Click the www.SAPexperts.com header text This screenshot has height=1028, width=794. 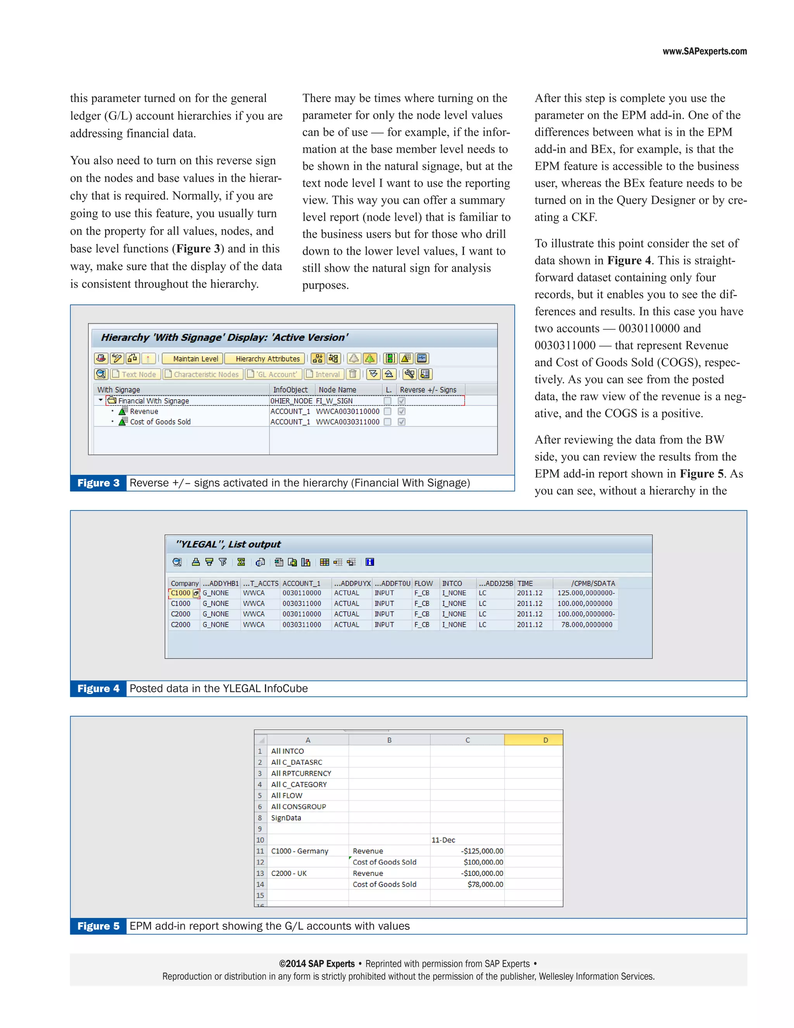tap(704, 51)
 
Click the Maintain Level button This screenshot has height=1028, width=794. tap(195, 359)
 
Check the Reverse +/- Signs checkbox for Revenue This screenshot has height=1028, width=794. tap(401, 411)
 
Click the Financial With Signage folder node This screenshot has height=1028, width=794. tap(154, 401)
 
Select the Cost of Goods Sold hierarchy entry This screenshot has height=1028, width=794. tap(160, 422)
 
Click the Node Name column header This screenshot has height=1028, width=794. tap(337, 390)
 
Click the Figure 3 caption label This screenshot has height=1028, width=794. tap(98, 483)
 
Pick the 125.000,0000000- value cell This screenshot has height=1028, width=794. tap(586, 593)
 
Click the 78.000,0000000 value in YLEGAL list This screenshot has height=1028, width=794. tap(587, 625)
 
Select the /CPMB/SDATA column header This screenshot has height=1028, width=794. tap(593, 583)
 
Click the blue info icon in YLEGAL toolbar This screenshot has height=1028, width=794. tap(370, 562)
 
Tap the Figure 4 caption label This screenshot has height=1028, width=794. tap(98, 689)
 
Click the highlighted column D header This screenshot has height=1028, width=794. tap(545, 740)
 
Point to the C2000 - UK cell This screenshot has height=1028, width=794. tap(289, 873)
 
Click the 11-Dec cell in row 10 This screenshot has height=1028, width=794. tap(443, 840)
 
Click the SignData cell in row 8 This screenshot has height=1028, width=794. tap(286, 818)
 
